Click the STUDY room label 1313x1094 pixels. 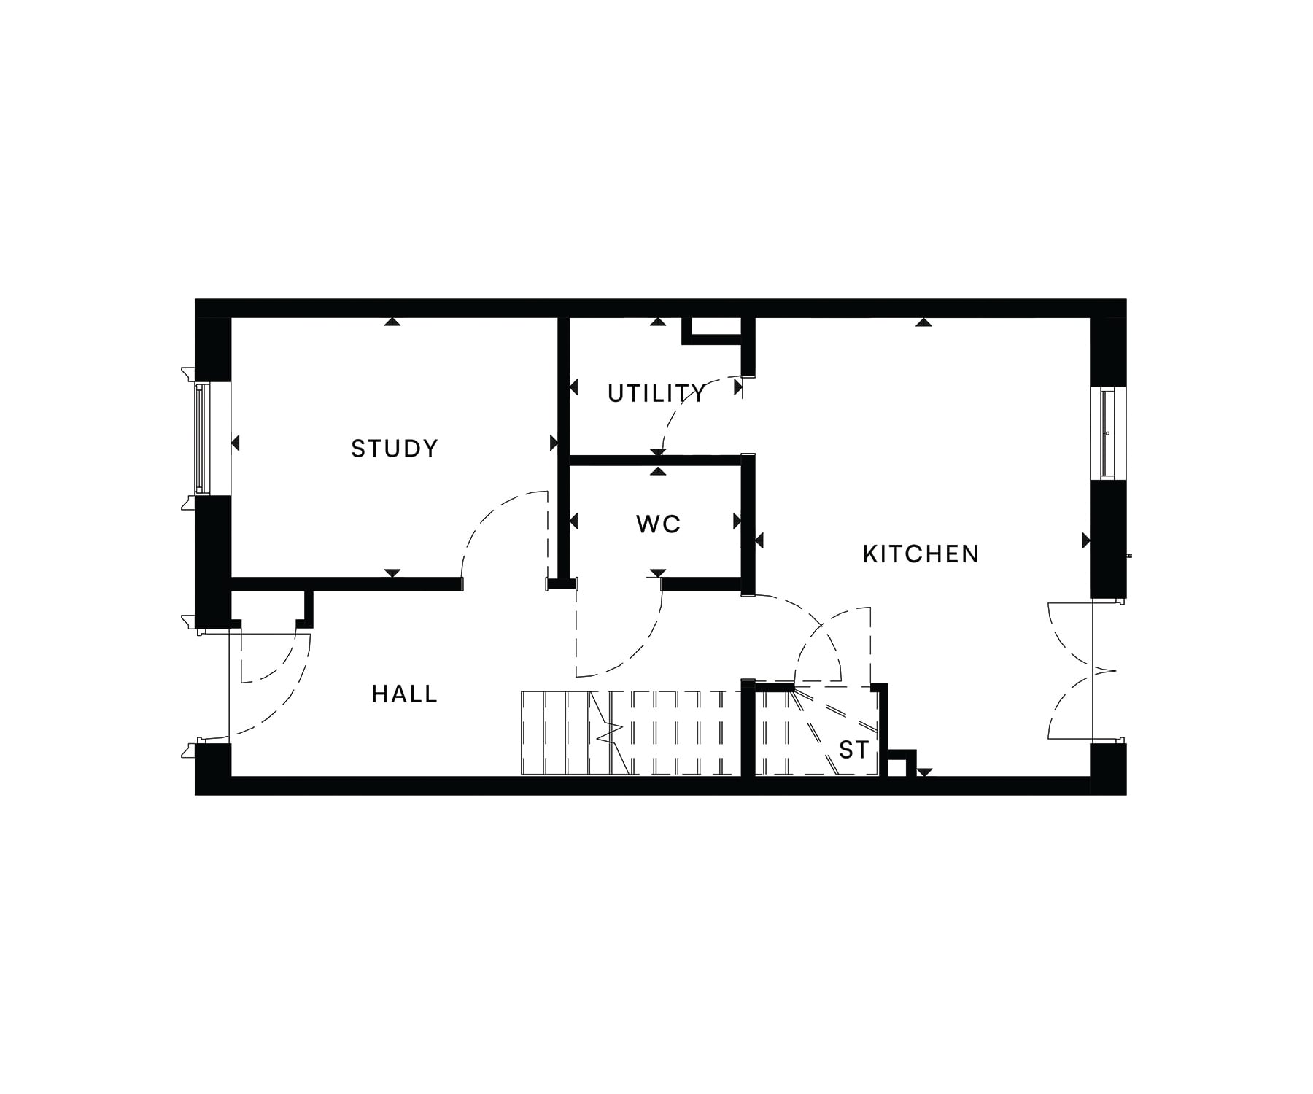point(395,448)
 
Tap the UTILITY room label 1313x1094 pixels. point(657,394)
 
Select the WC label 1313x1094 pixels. point(658,524)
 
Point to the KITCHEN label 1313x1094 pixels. point(921,554)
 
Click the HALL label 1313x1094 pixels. point(405,694)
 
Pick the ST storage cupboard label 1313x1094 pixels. point(853,750)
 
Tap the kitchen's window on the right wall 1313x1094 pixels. point(1108,433)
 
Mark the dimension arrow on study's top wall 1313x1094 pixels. point(393,321)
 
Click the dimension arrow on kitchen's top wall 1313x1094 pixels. point(923,321)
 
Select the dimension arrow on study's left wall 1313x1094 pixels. point(236,443)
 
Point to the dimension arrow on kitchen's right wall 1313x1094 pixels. point(1086,540)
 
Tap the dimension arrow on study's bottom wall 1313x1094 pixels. point(392,573)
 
